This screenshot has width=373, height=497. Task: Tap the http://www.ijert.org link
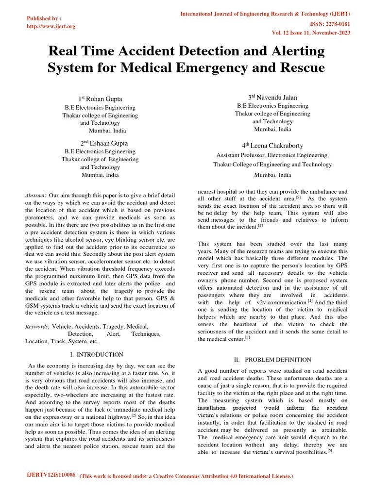51,26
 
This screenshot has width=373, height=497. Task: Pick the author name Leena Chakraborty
272,145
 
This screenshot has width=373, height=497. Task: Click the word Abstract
35,195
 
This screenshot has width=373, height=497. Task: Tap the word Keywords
37,327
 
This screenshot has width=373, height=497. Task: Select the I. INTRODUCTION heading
97,355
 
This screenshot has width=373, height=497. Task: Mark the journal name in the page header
265,14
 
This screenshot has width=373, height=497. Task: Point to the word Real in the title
64,51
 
